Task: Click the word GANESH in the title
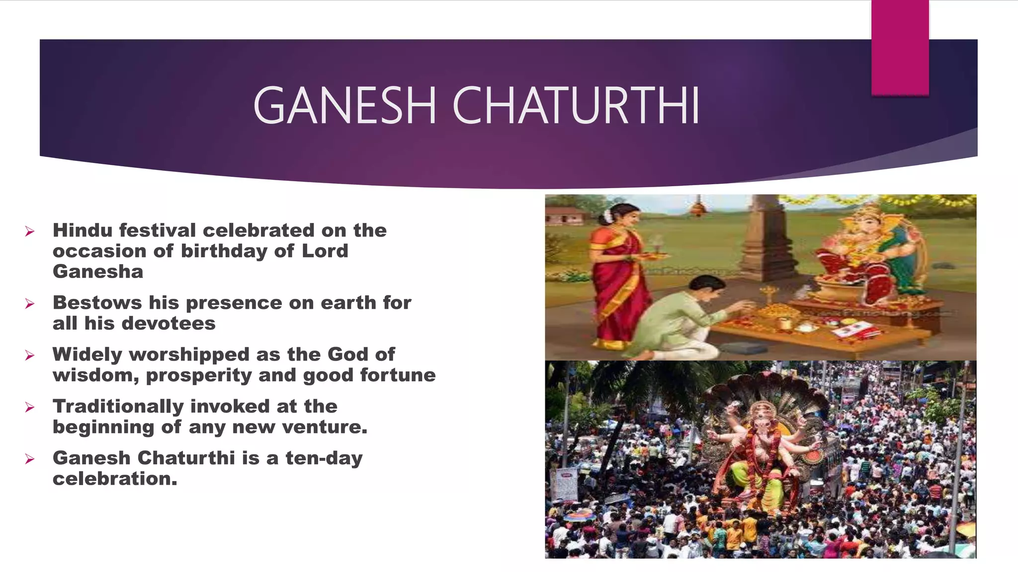tap(344, 106)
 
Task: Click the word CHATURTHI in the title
tap(576, 106)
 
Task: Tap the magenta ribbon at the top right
tap(900, 47)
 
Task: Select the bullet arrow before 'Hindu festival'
tap(30, 231)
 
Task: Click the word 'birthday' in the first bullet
tap(224, 251)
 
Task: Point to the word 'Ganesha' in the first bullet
tap(98, 272)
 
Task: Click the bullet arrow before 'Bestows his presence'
tap(30, 304)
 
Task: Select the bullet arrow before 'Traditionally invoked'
tap(30, 408)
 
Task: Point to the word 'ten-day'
tap(324, 458)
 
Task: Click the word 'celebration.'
tap(115, 479)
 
